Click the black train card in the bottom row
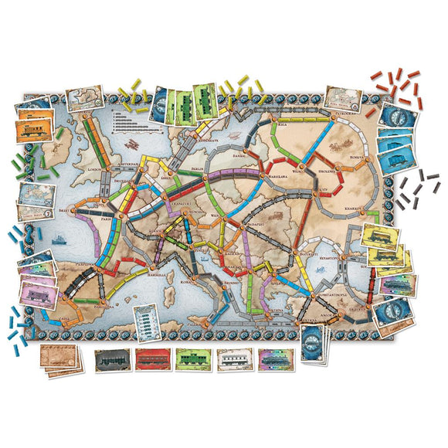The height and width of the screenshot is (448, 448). click(111, 360)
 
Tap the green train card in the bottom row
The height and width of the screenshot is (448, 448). click(192, 360)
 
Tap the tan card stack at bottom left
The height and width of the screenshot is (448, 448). click(61, 360)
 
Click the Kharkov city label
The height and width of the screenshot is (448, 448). click(360, 209)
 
